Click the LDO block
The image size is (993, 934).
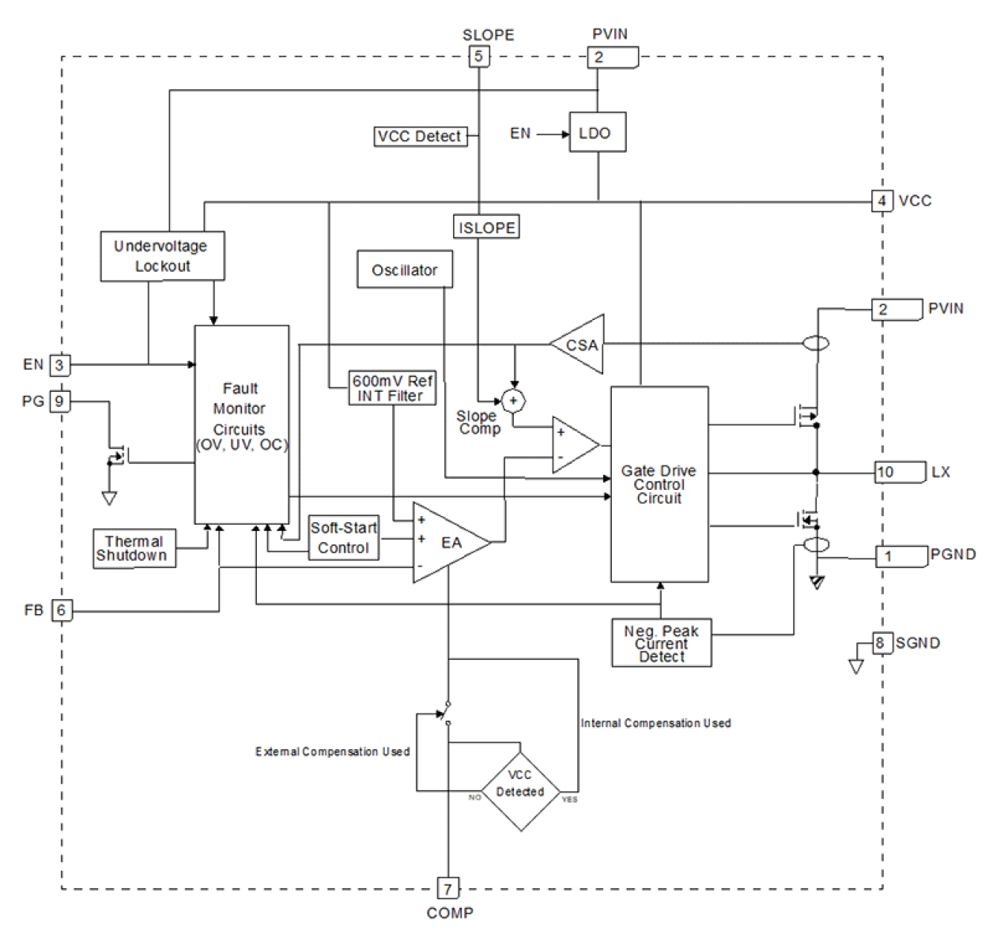pyautogui.click(x=597, y=133)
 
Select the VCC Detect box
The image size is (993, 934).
pyautogui.click(x=420, y=137)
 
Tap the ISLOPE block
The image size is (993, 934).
pyautogui.click(x=486, y=228)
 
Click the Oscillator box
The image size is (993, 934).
pyautogui.click(x=404, y=270)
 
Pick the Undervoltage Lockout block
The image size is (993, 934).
pyautogui.click(x=162, y=256)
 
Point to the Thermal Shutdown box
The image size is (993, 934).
pyautogui.click(x=134, y=548)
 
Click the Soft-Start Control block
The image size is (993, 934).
pyautogui.click(x=343, y=538)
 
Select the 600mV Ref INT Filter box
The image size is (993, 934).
pyautogui.click(x=392, y=388)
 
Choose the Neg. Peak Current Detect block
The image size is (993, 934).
pyautogui.click(x=661, y=643)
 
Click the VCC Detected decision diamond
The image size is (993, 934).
pyautogui.click(x=520, y=785)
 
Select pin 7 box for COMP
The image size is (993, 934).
pyautogui.click(x=447, y=889)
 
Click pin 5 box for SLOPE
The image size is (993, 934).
pyautogui.click(x=478, y=57)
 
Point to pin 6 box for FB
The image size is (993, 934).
pyautogui.click(x=61, y=610)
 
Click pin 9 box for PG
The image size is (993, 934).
pyautogui.click(x=59, y=401)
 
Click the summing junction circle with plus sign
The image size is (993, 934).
pyautogui.click(x=513, y=401)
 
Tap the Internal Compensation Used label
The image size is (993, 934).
pyautogui.click(x=655, y=723)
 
